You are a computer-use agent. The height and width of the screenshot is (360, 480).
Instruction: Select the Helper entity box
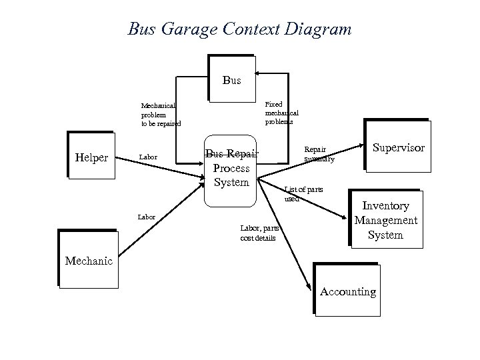pyautogui.click(x=93, y=157)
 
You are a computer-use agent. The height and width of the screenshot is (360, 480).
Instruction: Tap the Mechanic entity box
pyautogui.click(x=88, y=260)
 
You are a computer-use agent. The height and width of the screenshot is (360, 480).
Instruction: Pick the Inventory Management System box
pyautogui.click(x=385, y=220)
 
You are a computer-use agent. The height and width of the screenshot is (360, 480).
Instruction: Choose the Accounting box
pyautogui.click(x=347, y=291)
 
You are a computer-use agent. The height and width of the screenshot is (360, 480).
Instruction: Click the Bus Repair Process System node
pyautogui.click(x=231, y=168)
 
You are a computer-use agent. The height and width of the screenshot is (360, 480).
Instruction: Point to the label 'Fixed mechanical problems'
pyautogui.click(x=281, y=113)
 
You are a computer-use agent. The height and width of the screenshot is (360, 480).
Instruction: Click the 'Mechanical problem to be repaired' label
pyautogui.click(x=160, y=114)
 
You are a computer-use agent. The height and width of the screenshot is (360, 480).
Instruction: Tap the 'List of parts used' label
pyautogui.click(x=303, y=193)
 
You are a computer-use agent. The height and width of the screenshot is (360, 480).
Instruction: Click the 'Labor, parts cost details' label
pyautogui.click(x=258, y=233)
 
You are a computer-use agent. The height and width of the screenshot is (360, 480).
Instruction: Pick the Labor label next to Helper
pyautogui.click(x=147, y=157)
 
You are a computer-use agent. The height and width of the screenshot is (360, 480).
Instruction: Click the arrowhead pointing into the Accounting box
pyautogui.click(x=309, y=287)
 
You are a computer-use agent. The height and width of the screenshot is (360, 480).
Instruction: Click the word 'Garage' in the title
pyautogui.click(x=183, y=29)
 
